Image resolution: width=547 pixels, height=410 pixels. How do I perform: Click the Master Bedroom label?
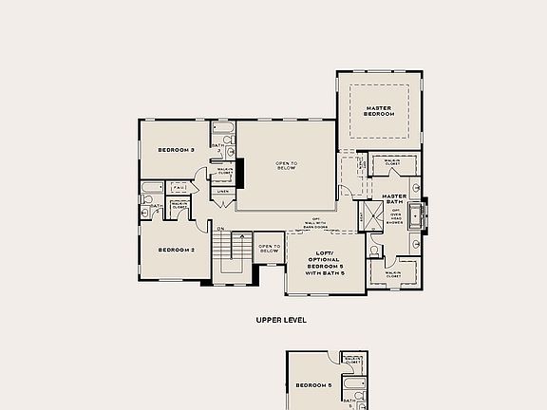[380, 111]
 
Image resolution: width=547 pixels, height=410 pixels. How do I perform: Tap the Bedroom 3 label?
[176, 150]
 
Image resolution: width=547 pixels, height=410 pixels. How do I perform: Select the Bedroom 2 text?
[176, 250]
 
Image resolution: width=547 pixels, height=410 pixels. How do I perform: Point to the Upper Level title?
[281, 320]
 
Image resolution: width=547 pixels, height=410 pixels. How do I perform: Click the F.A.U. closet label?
[179, 188]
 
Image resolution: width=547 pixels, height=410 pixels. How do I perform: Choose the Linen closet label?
[222, 192]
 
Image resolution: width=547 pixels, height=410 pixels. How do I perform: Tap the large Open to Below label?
[287, 166]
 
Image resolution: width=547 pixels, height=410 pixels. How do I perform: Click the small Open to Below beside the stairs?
[270, 249]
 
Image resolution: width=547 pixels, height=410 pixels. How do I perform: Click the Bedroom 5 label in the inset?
[312, 385]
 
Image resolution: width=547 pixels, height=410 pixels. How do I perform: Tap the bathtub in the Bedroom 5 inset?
[356, 386]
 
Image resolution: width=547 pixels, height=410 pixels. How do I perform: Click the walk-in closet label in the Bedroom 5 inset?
[351, 360]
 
